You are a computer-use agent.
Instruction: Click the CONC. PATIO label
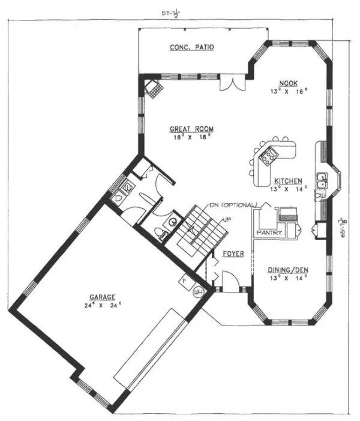[191, 47]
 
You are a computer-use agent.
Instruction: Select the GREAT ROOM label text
[191, 129]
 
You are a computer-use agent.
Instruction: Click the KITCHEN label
[288, 181]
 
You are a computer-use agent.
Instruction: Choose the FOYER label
[233, 254]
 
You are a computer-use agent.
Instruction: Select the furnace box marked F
[186, 280]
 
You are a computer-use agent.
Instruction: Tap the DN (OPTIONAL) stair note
[233, 205]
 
